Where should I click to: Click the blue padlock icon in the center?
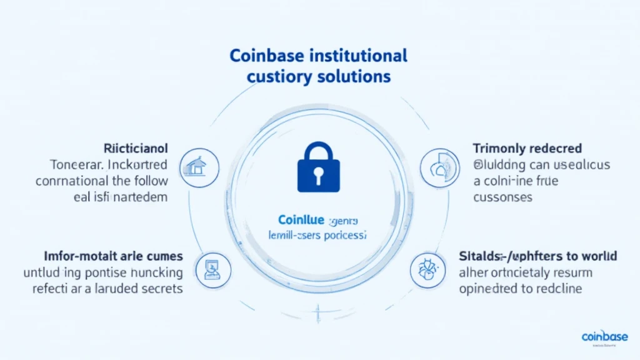(x=319, y=167)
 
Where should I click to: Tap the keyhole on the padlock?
(x=319, y=176)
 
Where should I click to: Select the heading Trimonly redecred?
(x=527, y=149)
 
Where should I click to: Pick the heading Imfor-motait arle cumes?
(x=113, y=256)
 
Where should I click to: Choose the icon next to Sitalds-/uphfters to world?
(x=423, y=268)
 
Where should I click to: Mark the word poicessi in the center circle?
(x=344, y=237)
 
